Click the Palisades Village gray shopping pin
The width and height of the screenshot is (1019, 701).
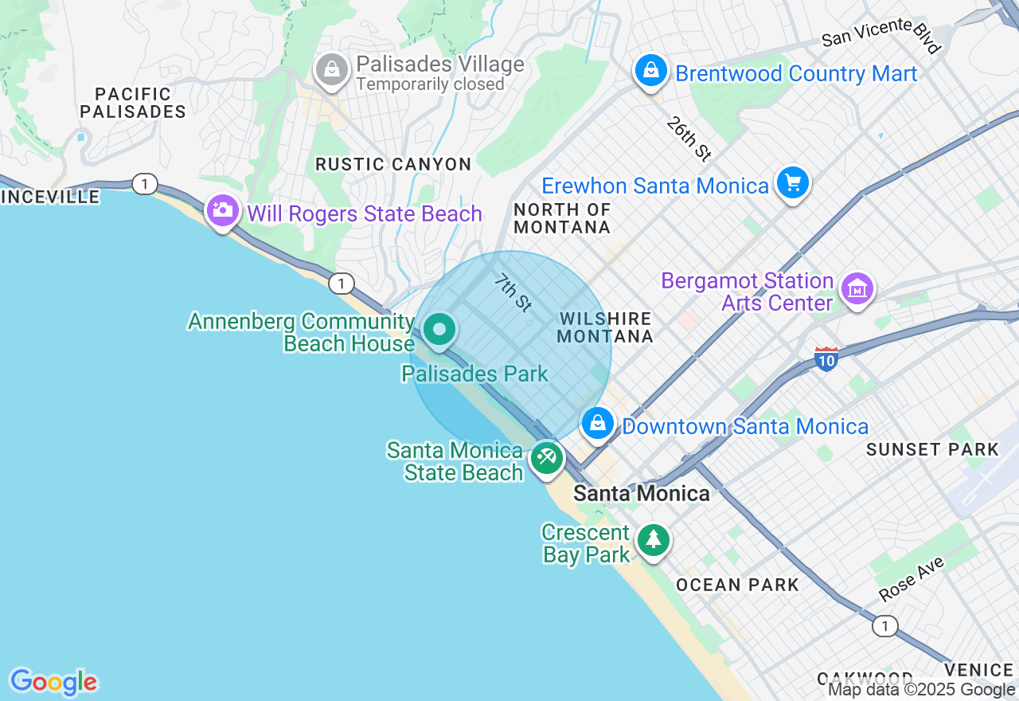332,71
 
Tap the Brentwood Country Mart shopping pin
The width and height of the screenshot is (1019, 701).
651,71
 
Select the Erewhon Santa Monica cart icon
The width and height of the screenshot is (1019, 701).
792,183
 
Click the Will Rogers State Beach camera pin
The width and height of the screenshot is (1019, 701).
222,211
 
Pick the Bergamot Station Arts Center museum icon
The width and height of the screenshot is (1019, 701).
857,289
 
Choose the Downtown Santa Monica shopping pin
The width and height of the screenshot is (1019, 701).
597,424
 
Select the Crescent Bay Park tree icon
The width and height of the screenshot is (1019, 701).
654,540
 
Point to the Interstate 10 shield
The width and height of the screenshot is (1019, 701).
826,359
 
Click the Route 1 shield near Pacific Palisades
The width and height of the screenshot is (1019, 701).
144,185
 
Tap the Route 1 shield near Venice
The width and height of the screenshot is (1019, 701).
884,627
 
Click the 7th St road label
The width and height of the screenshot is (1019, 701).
513,292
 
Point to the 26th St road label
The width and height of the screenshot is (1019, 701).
689,139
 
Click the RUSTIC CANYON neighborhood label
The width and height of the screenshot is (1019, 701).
393,164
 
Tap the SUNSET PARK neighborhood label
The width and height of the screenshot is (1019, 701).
932,449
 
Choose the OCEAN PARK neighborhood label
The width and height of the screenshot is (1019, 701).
737,585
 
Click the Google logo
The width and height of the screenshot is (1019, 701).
53,682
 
